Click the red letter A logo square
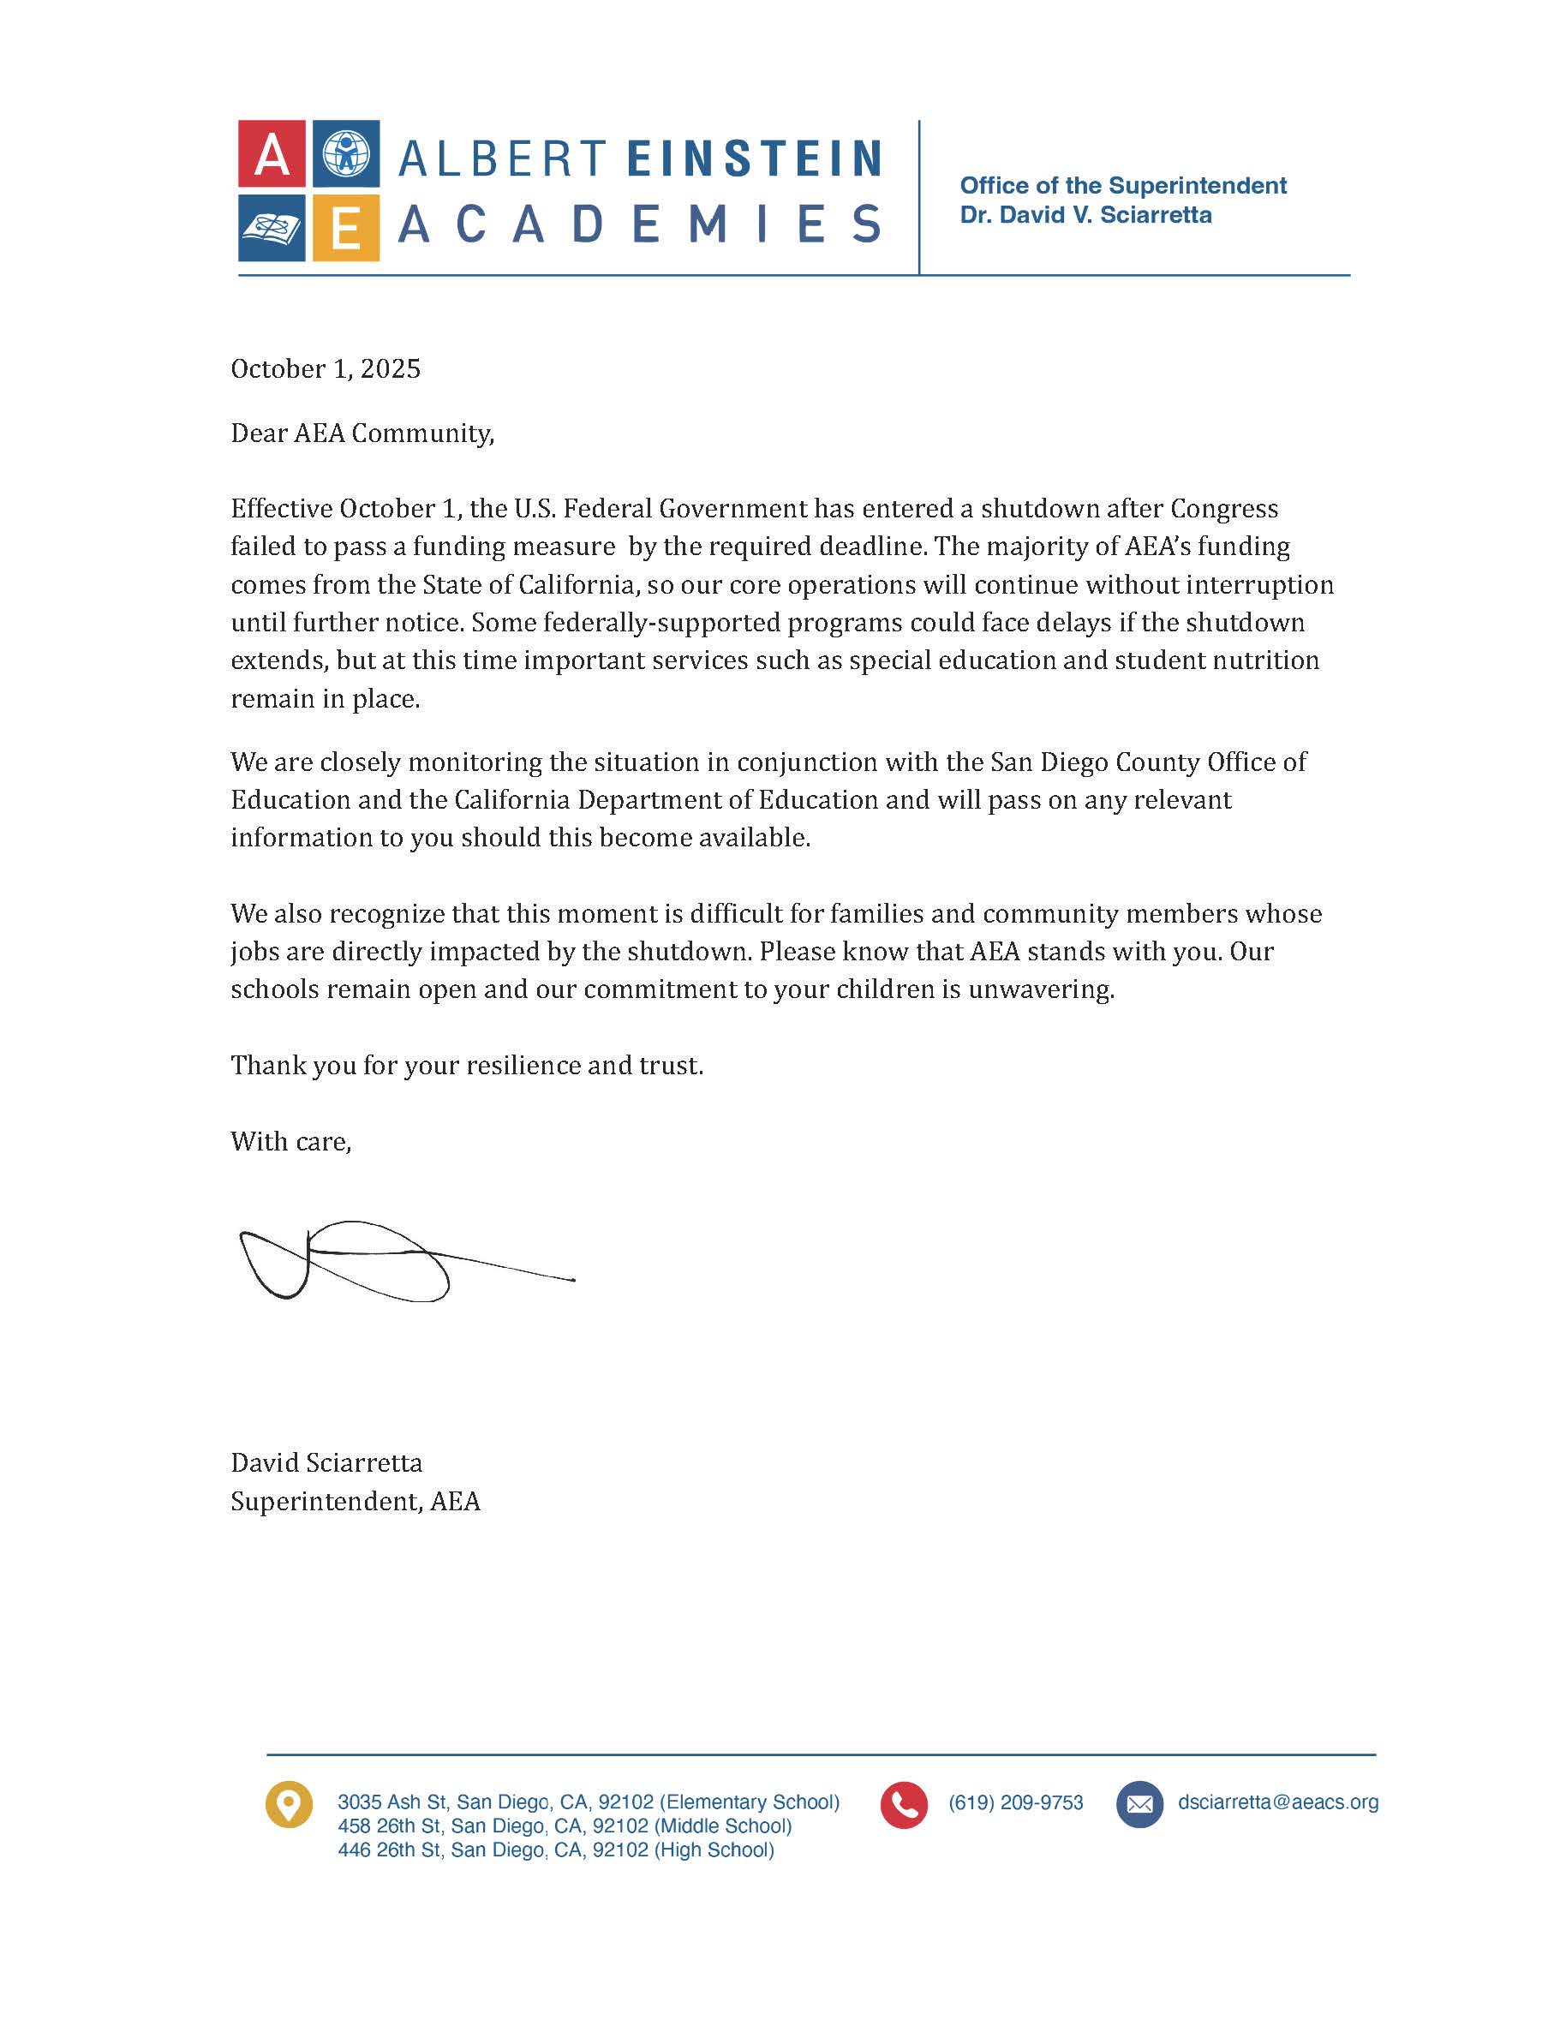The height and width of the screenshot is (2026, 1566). click(x=271, y=154)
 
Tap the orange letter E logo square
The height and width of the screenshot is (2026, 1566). click(x=345, y=228)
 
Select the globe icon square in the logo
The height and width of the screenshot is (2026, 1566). click(x=345, y=154)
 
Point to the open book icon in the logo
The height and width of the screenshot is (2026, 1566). click(x=271, y=228)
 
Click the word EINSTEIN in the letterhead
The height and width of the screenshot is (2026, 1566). click(x=753, y=158)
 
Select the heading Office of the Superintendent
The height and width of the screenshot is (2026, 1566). click(x=1122, y=186)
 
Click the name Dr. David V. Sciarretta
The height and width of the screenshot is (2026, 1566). click(x=1085, y=215)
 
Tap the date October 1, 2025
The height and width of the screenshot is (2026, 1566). click(x=326, y=369)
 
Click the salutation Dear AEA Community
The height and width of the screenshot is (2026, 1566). click(x=362, y=434)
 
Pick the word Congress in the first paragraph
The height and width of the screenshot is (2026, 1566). click(x=1223, y=509)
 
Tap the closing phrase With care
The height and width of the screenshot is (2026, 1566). click(x=290, y=1142)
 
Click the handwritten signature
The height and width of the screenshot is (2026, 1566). click(x=371, y=1262)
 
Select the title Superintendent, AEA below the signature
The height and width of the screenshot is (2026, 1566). click(x=356, y=1502)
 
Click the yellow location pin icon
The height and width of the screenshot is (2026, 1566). click(x=289, y=1804)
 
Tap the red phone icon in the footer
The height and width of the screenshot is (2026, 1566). click(x=904, y=1804)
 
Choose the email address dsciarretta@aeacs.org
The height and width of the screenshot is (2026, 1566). click(x=1277, y=1802)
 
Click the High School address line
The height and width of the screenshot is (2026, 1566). click(x=555, y=1850)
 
